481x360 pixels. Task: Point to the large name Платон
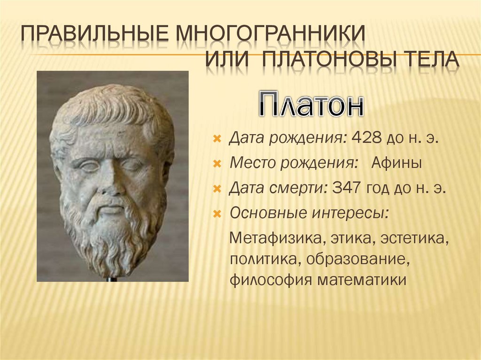(310, 104)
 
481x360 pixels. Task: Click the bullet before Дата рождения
(217, 139)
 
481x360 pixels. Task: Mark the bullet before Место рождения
(217, 164)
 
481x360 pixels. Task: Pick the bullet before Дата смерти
(217, 189)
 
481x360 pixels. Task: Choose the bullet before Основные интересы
(217, 214)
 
